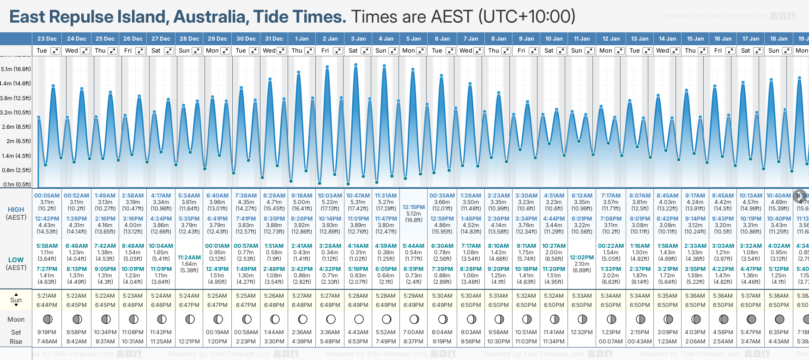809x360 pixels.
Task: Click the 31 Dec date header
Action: coord(274,39)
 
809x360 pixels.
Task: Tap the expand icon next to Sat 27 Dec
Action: coord(169,51)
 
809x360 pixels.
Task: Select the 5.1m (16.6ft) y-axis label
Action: coord(16,69)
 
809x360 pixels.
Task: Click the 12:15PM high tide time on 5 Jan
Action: coord(413,207)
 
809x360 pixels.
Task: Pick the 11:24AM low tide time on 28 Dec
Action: coord(189,258)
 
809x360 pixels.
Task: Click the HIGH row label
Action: coord(16,210)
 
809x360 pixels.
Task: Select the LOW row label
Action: coord(16,260)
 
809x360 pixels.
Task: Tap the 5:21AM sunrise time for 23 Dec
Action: coord(47,296)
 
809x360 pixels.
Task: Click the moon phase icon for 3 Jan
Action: coord(359,319)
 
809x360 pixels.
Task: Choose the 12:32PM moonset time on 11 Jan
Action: coord(582,332)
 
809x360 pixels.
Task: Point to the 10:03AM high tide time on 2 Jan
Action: coord(330,196)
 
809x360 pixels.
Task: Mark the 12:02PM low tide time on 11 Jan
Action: coord(582,258)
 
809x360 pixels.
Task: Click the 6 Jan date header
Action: coord(442,39)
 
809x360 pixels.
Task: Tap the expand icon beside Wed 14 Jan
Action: coord(675,51)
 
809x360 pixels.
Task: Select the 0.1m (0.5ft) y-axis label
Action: coord(17,185)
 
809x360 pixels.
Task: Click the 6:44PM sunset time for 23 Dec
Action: coord(47,305)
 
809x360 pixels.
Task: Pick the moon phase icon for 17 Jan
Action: coord(751,319)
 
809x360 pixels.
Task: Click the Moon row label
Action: coord(16,319)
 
